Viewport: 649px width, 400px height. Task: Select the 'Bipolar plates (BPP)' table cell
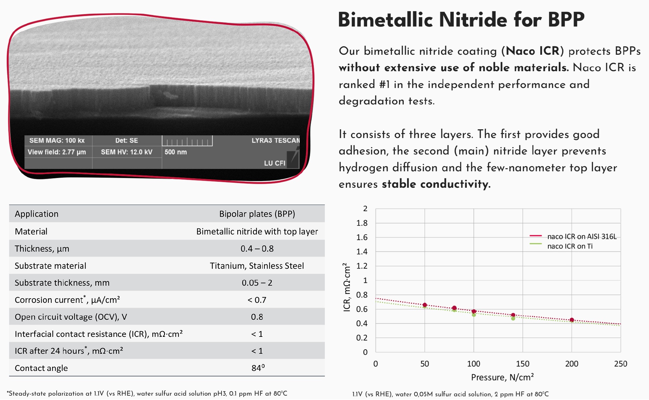[257, 214]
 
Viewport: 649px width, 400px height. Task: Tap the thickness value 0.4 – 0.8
[257, 249]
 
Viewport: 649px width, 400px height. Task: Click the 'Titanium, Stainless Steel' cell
[257, 266]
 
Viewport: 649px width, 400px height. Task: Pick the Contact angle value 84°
[258, 368]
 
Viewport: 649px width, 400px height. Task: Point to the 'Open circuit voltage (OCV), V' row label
[71, 317]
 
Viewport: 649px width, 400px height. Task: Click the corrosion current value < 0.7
[257, 300]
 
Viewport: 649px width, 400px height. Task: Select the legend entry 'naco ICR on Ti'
[570, 246]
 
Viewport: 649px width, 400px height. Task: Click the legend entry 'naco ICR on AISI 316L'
[582, 236]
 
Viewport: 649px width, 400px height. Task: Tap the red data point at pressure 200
[572, 320]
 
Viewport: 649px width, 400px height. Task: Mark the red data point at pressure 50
[425, 305]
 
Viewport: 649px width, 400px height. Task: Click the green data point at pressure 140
[513, 318]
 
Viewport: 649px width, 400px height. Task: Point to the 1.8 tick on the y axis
[362, 223]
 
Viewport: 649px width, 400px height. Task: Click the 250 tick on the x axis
[620, 364]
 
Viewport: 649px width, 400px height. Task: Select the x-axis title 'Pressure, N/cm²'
[502, 377]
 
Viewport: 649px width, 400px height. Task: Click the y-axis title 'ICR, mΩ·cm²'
[347, 287]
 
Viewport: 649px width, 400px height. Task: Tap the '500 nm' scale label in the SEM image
[176, 152]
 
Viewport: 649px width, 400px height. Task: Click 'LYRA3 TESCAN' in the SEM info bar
[276, 140]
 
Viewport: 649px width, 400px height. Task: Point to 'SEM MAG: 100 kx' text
[57, 140]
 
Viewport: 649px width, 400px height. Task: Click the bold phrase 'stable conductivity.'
[436, 184]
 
